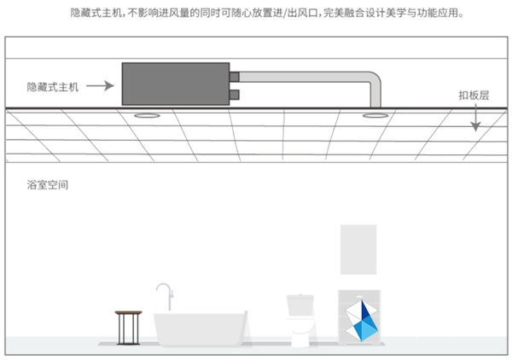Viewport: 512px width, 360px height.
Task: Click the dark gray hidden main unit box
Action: click(176, 84)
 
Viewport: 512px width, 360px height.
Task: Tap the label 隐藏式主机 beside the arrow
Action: click(53, 87)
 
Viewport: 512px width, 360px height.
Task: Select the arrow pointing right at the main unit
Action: click(100, 86)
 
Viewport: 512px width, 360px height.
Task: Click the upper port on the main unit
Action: click(235, 77)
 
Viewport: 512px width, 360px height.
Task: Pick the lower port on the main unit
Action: click(235, 95)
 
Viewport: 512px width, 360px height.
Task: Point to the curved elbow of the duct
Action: click(375, 79)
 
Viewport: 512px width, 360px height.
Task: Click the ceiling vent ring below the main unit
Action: click(147, 115)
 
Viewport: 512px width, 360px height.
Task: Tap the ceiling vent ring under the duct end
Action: click(375, 115)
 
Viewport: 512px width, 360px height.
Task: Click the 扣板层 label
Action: click(474, 96)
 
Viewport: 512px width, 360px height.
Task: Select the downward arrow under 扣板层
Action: click(476, 118)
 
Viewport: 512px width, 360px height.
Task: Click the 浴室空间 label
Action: click(48, 185)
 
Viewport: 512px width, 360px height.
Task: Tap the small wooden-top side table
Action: click(128, 328)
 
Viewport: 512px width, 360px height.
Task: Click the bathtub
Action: click(201, 329)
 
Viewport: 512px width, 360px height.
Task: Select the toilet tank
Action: click(300, 305)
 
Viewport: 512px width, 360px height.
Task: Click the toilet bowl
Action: click(300, 331)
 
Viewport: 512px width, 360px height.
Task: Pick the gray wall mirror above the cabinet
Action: click(358, 249)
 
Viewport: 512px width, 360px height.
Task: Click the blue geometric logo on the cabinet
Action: click(362, 321)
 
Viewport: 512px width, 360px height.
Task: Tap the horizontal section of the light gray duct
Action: click(304, 77)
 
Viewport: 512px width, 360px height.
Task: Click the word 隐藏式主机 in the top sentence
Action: click(96, 13)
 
